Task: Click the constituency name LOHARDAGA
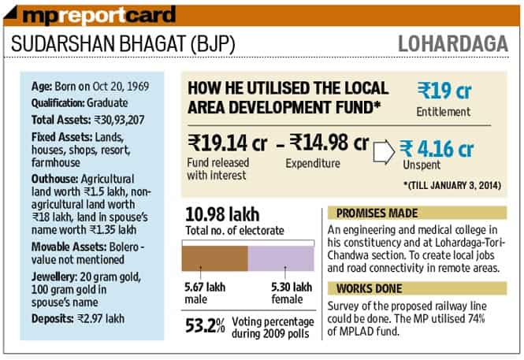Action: pyautogui.click(x=453, y=44)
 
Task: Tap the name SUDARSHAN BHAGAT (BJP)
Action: pyautogui.click(x=123, y=44)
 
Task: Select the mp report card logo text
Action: pyautogui.click(x=99, y=15)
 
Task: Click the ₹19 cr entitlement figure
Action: pyautogui.click(x=444, y=91)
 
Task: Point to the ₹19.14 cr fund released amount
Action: pyautogui.click(x=227, y=143)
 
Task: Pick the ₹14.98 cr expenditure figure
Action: pyautogui.click(x=329, y=142)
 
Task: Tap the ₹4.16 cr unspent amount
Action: pyautogui.click(x=437, y=149)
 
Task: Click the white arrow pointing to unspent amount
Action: pyautogui.click(x=384, y=152)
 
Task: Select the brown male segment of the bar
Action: pyautogui.click(x=215, y=258)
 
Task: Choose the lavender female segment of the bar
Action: pyautogui.click(x=281, y=258)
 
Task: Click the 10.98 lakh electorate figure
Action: pyautogui.click(x=222, y=214)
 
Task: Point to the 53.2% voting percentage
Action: pyautogui.click(x=205, y=325)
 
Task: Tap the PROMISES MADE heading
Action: pyautogui.click(x=377, y=213)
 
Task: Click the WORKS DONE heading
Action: pyautogui.click(x=370, y=288)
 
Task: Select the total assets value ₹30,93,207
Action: pyautogui.click(x=119, y=120)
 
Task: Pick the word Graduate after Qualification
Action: pyautogui.click(x=107, y=103)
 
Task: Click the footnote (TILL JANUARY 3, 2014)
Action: pyautogui.click(x=452, y=185)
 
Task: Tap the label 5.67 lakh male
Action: pyautogui.click(x=205, y=293)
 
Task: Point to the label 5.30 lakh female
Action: pyautogui.click(x=292, y=293)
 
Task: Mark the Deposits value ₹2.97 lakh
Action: pyautogui.click(x=101, y=318)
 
